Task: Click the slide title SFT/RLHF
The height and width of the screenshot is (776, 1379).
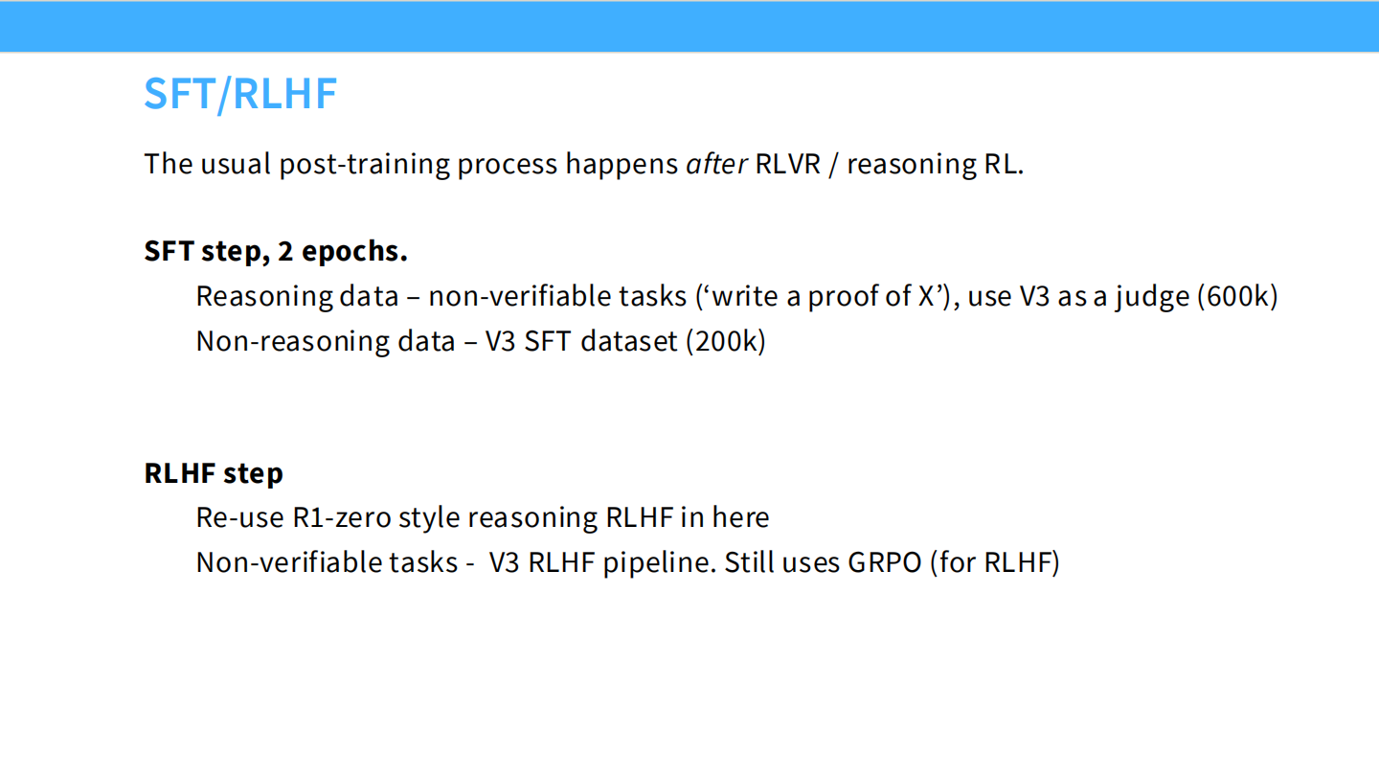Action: [x=240, y=94]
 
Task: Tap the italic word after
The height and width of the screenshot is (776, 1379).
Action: [x=716, y=164]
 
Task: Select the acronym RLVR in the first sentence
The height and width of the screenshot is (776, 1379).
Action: [x=788, y=164]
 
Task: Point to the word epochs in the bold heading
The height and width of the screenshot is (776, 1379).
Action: [x=354, y=252]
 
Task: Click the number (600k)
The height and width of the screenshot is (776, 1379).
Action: [x=1237, y=296]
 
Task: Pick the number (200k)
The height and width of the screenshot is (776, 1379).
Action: [x=726, y=341]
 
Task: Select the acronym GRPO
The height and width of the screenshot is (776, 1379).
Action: [x=885, y=562]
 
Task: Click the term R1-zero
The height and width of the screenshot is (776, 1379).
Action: [x=341, y=517]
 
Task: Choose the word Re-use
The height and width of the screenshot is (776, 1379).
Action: [x=240, y=517]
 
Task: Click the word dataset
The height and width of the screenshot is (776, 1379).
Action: [x=629, y=341]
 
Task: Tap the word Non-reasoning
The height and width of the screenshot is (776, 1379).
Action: [x=293, y=342]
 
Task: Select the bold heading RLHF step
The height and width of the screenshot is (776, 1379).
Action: [x=214, y=474]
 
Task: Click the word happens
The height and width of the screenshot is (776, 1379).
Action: [x=622, y=165]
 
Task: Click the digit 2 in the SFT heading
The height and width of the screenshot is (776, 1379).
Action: [x=285, y=251]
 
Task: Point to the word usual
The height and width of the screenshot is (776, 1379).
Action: [x=236, y=164]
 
